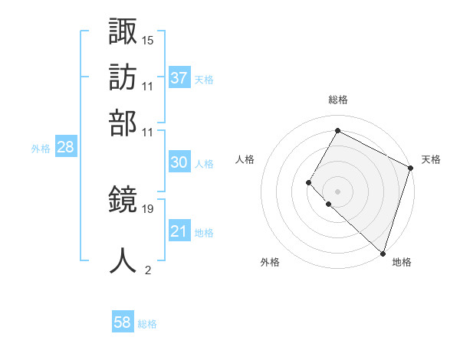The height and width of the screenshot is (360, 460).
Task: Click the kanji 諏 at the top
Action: (123, 33)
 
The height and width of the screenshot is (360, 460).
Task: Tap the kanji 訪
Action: (123, 77)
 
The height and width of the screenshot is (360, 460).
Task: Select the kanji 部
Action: (123, 123)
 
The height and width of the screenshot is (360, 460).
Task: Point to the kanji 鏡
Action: (123, 201)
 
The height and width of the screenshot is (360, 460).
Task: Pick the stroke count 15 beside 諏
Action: (148, 39)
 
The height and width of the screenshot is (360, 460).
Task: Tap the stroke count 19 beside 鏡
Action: (148, 208)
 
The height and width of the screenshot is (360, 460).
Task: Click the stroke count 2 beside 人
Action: (147, 270)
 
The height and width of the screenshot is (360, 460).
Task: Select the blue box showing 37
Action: (179, 77)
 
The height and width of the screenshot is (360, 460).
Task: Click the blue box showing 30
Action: (179, 162)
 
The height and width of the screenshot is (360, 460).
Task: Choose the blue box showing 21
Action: (179, 231)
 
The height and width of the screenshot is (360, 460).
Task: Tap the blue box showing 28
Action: (65, 148)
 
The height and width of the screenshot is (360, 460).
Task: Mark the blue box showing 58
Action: (122, 322)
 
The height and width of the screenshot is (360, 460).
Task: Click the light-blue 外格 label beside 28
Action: (41, 149)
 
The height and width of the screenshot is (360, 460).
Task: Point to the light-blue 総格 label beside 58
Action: (147, 324)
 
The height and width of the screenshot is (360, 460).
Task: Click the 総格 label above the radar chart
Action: (338, 100)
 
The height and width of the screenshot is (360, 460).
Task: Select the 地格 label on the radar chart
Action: (402, 262)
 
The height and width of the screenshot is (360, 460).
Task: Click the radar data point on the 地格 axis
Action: (383, 254)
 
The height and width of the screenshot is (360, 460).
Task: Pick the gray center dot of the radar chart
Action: (337, 191)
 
